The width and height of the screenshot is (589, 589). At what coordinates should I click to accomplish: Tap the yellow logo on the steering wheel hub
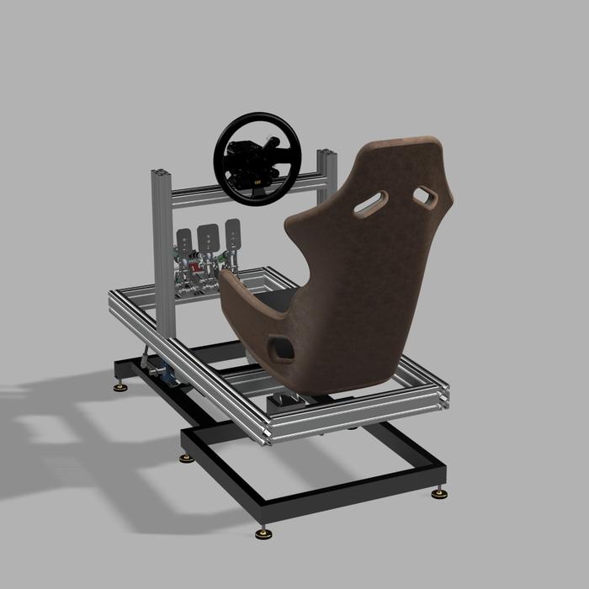tap(257, 178)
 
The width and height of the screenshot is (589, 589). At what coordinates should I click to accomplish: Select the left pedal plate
tap(184, 236)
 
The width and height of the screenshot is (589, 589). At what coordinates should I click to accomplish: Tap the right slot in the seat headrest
tap(424, 198)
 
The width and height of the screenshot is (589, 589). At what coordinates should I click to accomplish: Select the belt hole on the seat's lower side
tap(281, 348)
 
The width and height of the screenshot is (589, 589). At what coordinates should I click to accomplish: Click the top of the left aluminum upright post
tap(161, 174)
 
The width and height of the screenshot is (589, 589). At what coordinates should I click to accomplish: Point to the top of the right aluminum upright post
tap(326, 154)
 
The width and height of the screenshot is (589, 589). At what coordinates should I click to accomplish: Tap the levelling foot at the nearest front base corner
tap(264, 533)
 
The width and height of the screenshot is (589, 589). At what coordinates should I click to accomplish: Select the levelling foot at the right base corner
tap(438, 493)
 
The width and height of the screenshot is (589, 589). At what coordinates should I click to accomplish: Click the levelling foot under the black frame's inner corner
tap(187, 458)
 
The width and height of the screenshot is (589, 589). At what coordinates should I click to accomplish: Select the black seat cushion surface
tap(278, 299)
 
